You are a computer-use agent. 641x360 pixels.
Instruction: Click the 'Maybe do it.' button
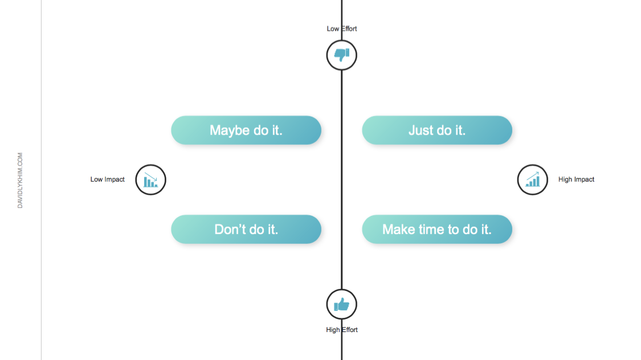pyautogui.click(x=246, y=130)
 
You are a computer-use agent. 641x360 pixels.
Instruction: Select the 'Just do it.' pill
pyautogui.click(x=437, y=130)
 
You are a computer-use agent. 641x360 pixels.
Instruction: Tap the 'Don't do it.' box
pyautogui.click(x=246, y=229)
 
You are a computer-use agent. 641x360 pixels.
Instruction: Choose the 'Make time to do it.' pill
pyautogui.click(x=437, y=229)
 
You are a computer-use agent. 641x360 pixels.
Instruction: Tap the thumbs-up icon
pyautogui.click(x=342, y=304)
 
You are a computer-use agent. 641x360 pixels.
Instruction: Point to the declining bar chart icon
pyautogui.click(x=151, y=180)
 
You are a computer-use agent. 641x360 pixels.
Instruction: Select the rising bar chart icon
pyautogui.click(x=533, y=180)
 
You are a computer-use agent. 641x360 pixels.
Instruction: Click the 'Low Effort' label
pyautogui.click(x=342, y=28)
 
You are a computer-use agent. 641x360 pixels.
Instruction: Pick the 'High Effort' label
pyautogui.click(x=342, y=330)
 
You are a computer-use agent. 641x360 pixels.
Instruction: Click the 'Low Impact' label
pyautogui.click(x=108, y=179)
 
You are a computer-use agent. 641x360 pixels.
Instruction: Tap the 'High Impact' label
pyautogui.click(x=577, y=179)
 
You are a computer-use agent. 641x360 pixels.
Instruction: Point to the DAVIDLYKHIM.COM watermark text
pyautogui.click(x=20, y=181)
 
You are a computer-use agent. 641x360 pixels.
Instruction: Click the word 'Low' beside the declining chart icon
pyautogui.click(x=96, y=179)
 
